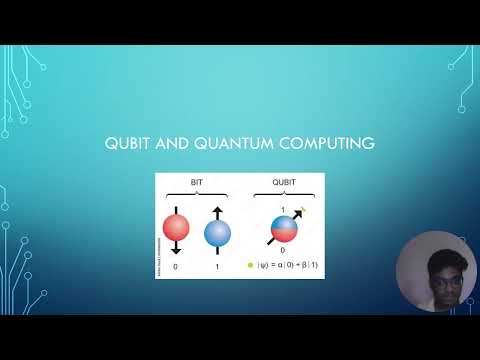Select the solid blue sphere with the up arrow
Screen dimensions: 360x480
point(217,233)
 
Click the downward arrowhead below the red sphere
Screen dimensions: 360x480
point(176,254)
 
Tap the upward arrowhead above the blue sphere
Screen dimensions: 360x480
point(217,210)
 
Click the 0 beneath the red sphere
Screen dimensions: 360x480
point(176,267)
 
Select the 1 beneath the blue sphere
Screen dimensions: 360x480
point(217,267)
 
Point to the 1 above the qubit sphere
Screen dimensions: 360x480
point(283,209)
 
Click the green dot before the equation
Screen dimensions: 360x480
point(250,267)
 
